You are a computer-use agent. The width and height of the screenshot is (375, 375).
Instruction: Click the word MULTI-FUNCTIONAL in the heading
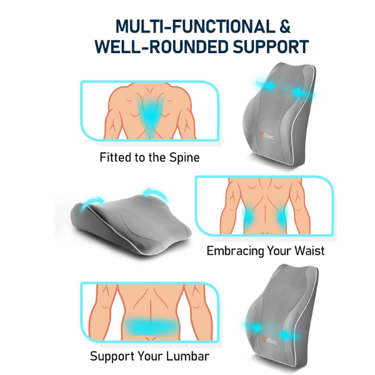click(195, 26)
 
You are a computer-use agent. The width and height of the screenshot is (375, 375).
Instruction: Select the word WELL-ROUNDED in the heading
click(162, 47)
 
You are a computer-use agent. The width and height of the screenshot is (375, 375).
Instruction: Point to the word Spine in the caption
click(184, 157)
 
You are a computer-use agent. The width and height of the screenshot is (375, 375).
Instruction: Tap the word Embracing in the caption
click(235, 251)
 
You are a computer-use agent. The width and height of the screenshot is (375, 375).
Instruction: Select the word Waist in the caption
click(309, 251)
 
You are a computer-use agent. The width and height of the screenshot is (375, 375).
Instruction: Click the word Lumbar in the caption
click(187, 356)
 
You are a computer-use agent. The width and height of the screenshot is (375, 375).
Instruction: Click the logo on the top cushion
click(266, 136)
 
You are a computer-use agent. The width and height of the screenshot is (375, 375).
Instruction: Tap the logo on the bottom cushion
click(269, 340)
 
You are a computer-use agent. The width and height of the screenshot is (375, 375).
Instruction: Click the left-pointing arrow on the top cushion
click(302, 92)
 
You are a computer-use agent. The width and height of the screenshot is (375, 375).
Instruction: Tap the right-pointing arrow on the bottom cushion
click(254, 327)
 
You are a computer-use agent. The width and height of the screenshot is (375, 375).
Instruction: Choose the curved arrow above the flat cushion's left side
click(92, 202)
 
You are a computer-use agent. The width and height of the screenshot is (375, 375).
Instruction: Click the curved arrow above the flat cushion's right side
click(155, 192)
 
